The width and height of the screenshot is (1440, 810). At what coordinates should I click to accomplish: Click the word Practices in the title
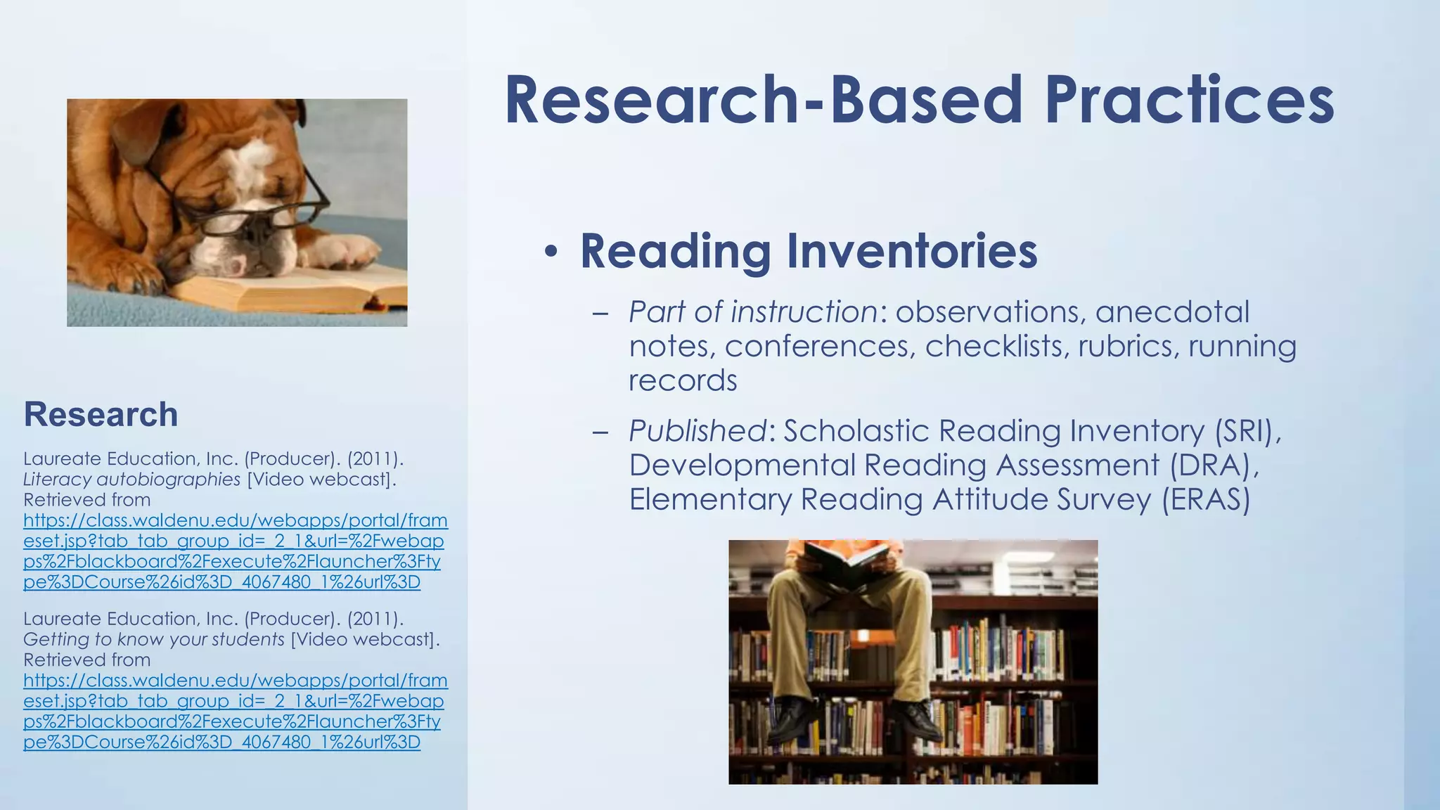pos(1188,100)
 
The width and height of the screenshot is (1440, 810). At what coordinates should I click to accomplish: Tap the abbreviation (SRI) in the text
pos(1248,431)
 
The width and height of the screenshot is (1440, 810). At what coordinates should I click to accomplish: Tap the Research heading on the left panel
pos(101,414)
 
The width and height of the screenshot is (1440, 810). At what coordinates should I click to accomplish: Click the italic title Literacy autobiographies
pos(131,480)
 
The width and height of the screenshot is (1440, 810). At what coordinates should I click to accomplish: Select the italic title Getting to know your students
pos(154,639)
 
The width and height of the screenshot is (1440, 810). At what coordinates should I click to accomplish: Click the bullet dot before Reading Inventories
pos(552,252)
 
